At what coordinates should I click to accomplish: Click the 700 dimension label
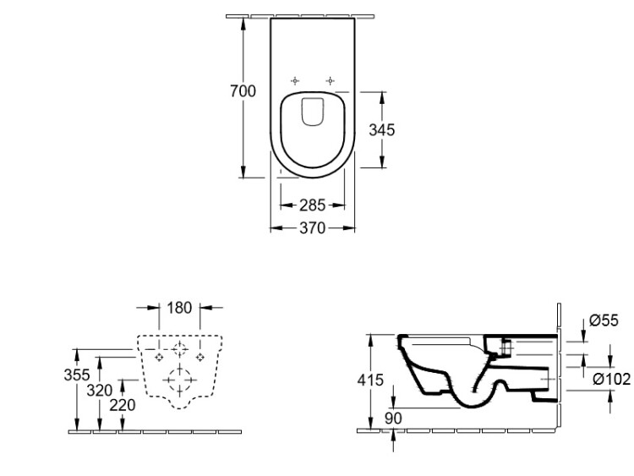click(243, 91)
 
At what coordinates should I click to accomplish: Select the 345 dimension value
click(382, 130)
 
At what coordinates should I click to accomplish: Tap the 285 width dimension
click(312, 205)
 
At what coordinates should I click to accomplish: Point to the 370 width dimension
click(312, 228)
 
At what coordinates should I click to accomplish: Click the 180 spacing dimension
click(179, 308)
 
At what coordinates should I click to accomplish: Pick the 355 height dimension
click(76, 375)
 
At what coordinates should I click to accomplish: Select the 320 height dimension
click(100, 391)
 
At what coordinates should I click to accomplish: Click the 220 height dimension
click(123, 405)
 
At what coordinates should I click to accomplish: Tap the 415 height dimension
click(370, 380)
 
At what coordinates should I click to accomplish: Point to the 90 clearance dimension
click(393, 419)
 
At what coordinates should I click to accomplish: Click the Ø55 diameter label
click(604, 320)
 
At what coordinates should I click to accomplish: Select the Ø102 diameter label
click(612, 379)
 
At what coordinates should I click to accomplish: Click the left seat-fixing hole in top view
click(295, 81)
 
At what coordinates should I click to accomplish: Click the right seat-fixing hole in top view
click(331, 81)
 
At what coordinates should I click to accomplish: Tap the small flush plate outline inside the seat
click(313, 112)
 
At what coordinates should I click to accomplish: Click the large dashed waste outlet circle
click(179, 380)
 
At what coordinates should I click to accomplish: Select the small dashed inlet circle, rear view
click(179, 349)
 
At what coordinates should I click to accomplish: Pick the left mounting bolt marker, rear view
click(159, 357)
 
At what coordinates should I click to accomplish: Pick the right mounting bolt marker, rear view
click(200, 357)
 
